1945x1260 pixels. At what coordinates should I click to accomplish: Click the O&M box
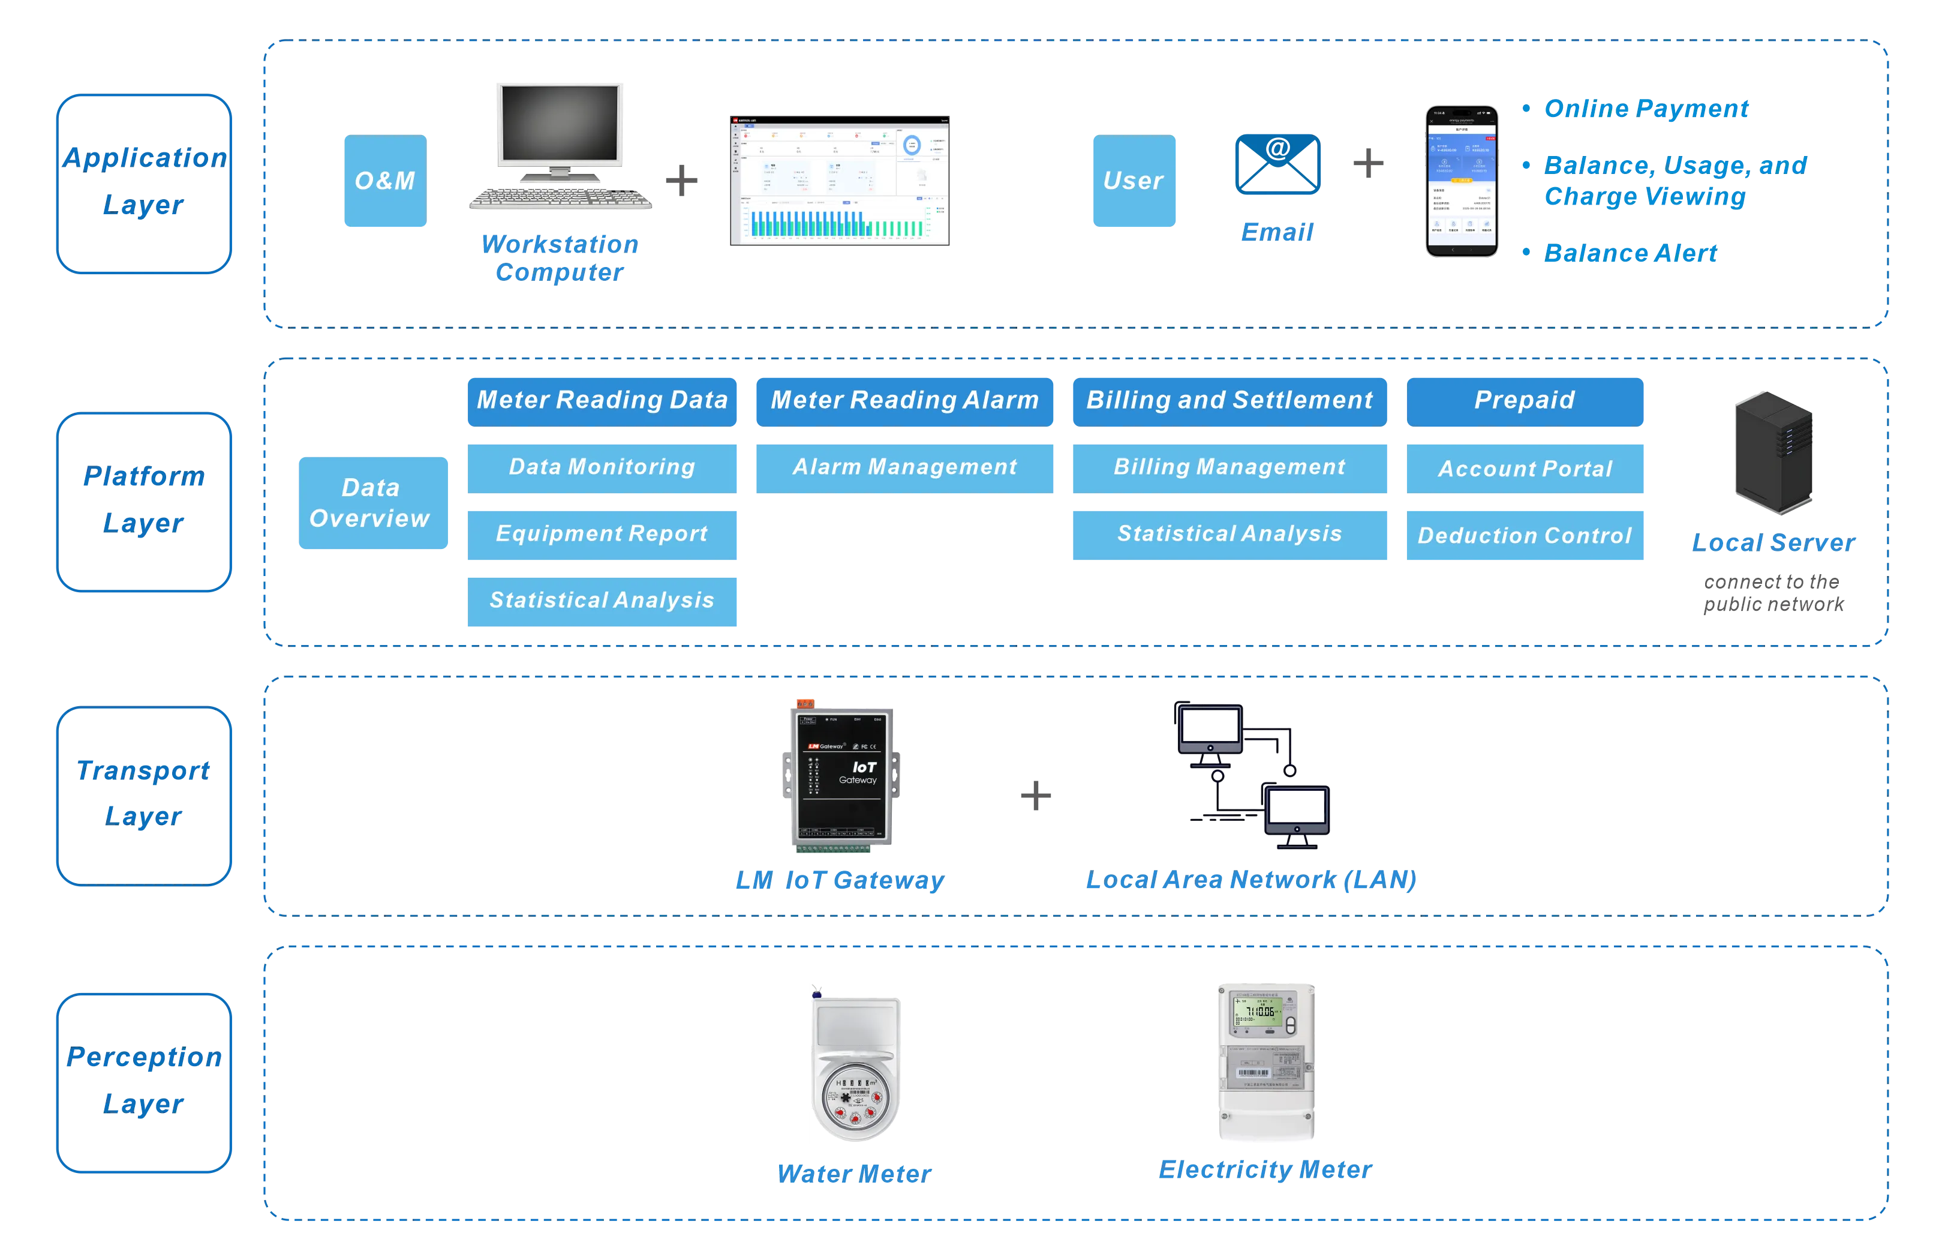coord(384,181)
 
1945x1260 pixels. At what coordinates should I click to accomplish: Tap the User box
coord(1134,181)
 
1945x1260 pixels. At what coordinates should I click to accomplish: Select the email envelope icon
coord(1277,164)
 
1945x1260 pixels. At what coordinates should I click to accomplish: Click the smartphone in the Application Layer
coord(1462,181)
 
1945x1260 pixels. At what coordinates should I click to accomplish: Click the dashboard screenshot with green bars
coord(839,182)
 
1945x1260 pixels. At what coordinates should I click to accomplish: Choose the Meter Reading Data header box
coord(602,401)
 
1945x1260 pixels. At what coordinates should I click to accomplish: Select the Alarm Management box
coord(904,467)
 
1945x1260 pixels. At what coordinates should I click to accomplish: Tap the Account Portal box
coord(1525,469)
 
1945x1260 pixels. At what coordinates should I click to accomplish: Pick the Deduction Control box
coord(1525,536)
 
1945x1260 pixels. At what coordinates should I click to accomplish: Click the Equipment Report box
coord(602,535)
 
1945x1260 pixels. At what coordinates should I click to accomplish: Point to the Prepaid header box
coord(1525,401)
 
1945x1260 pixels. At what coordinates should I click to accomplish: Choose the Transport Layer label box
coord(145,796)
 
